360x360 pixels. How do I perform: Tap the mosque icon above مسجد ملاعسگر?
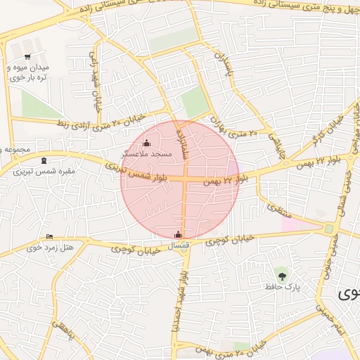[146, 144]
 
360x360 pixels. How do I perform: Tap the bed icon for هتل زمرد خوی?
[48, 236]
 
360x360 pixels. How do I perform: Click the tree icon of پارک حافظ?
[282, 275]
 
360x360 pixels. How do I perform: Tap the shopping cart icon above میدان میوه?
[27, 57]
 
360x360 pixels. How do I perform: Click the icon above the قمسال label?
[178, 234]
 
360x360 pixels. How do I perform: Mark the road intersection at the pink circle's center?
[185, 180]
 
